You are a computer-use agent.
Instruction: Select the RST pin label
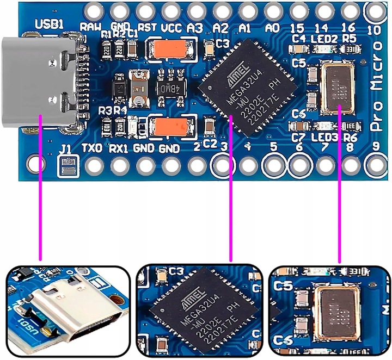[147, 27]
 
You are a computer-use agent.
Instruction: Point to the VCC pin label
[172, 27]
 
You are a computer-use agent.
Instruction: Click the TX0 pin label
[91, 148]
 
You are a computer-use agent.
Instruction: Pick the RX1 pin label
[119, 148]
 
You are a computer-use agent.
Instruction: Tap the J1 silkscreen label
[65, 148]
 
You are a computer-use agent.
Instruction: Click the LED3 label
[325, 137]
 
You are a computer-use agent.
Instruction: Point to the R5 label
[350, 38]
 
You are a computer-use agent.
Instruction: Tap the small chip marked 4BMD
[170, 87]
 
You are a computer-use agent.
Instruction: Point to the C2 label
[210, 144]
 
